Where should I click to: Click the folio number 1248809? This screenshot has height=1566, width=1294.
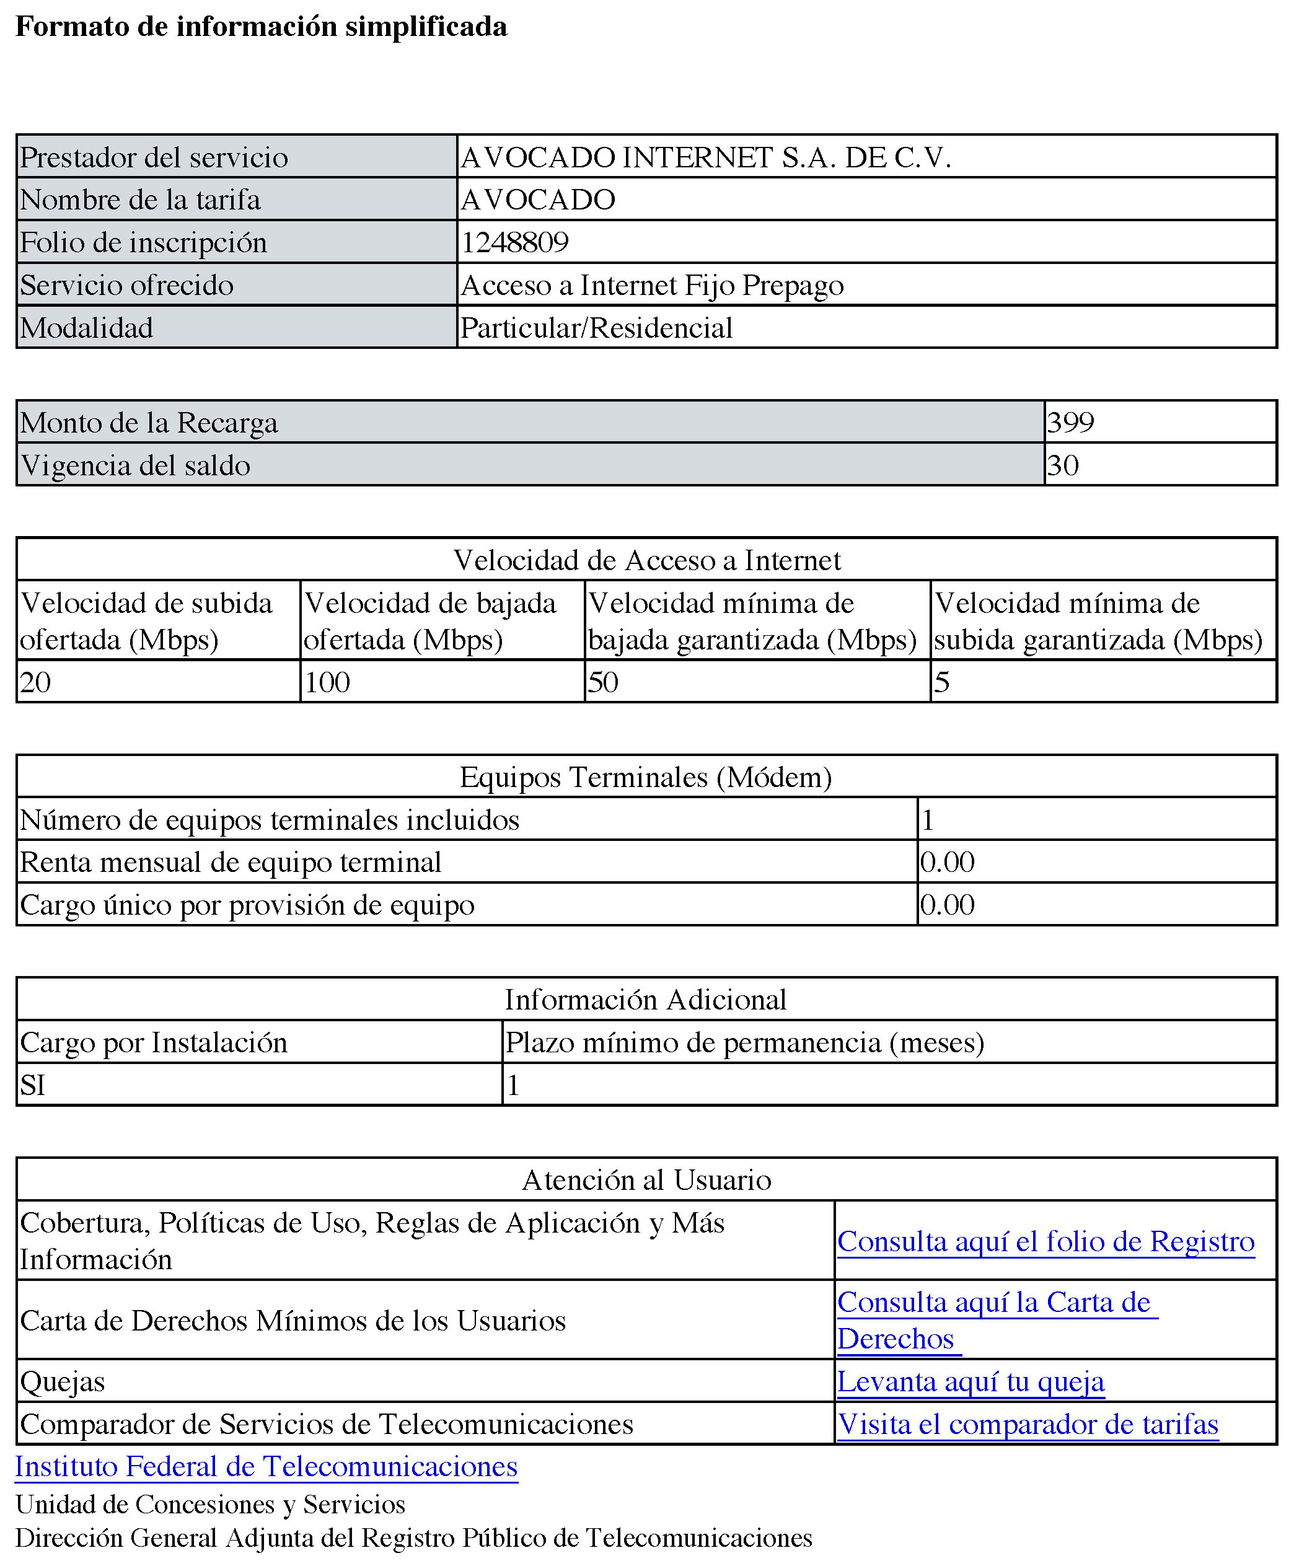(x=515, y=242)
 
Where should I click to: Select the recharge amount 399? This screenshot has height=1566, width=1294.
(x=1070, y=423)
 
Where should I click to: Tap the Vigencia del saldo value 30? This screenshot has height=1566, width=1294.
(x=1063, y=465)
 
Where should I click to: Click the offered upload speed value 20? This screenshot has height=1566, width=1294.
(x=35, y=682)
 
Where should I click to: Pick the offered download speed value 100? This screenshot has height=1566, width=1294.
(x=327, y=682)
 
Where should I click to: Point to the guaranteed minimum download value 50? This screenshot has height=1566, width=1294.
(x=603, y=682)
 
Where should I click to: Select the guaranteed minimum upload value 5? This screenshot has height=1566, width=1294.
(x=941, y=682)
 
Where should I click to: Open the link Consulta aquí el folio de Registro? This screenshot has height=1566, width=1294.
(x=1045, y=1241)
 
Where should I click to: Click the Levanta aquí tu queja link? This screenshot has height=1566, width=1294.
(x=970, y=1381)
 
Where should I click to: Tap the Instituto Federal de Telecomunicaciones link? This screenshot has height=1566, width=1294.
(x=266, y=1466)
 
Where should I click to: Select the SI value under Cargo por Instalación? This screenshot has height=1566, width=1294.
(x=33, y=1084)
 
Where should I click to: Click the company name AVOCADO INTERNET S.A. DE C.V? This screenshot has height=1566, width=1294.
(x=706, y=157)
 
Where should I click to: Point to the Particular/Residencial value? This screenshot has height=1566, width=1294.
(x=596, y=328)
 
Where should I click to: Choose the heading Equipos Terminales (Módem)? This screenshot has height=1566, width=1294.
(x=646, y=776)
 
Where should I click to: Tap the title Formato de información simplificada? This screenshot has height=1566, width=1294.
(x=261, y=27)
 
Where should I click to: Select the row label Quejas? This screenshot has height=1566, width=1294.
(x=63, y=1381)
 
